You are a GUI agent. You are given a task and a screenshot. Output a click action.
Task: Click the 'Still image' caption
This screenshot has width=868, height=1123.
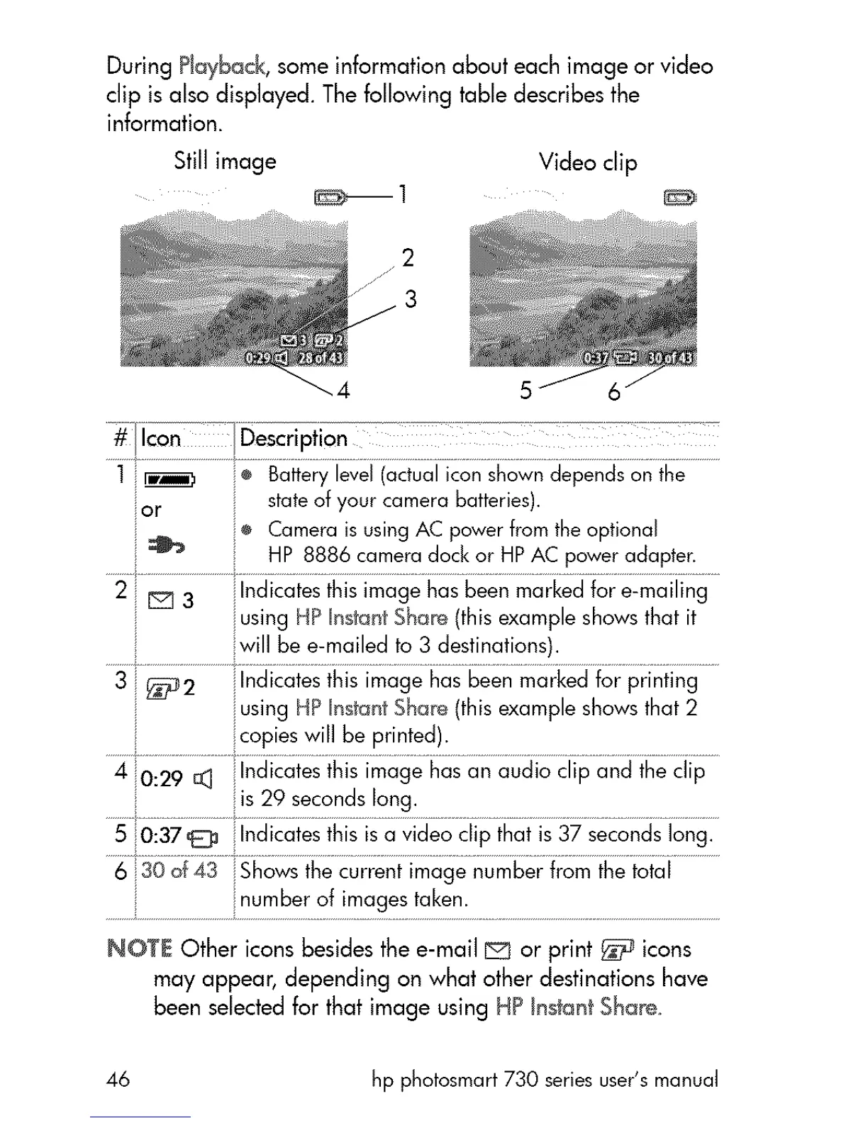point(225,162)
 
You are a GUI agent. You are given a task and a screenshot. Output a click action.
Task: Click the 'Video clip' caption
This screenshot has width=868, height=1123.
point(588,162)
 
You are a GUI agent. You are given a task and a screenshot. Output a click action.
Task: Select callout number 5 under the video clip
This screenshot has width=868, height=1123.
point(525,390)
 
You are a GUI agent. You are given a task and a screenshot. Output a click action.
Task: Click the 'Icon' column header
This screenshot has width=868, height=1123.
point(161,439)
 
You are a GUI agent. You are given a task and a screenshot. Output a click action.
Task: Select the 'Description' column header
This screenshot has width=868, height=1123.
point(294,439)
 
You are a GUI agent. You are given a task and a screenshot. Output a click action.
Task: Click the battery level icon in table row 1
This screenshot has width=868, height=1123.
point(170,482)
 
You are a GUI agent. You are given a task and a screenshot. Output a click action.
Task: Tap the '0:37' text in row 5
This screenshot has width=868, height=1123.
point(162,836)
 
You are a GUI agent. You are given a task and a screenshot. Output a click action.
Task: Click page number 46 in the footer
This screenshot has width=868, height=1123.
point(118,1080)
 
